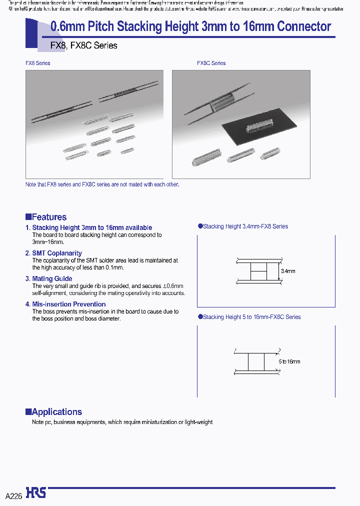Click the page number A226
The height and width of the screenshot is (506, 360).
pos(13,496)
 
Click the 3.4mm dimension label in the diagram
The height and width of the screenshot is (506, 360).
pos(288,271)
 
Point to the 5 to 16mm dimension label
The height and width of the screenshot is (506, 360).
pos(289,361)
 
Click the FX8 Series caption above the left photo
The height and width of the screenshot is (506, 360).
pos(38,63)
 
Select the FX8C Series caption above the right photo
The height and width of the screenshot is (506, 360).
pos(211,63)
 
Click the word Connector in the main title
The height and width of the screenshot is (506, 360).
pos(300,26)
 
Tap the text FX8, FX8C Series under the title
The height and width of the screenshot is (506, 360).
pos(77,45)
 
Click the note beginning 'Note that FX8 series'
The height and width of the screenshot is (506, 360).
pos(102,184)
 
